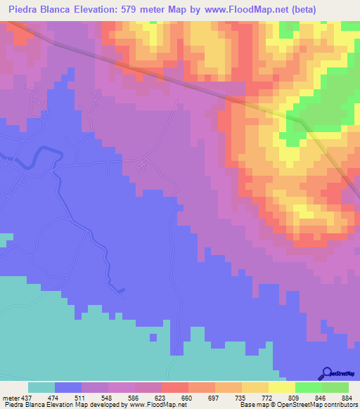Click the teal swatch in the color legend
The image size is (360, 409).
click(x=41, y=387)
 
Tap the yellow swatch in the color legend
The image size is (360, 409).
click(x=281, y=387)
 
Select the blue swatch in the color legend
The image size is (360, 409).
click(x=68, y=387)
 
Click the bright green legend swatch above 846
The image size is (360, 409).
click(x=308, y=387)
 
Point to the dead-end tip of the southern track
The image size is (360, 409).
click(x=124, y=289)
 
